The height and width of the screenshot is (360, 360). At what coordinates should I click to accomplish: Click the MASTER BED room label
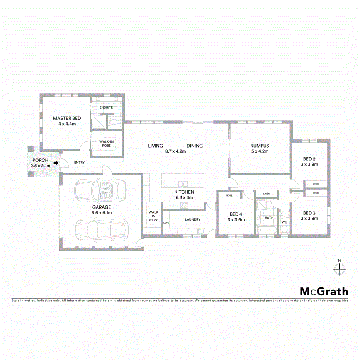(67, 118)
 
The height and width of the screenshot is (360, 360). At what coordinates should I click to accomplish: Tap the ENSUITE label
(106, 107)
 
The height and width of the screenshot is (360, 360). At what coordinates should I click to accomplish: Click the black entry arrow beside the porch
(56, 163)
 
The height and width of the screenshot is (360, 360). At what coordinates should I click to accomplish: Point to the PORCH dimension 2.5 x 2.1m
(40, 166)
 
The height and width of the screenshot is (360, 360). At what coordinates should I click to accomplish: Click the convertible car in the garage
(101, 190)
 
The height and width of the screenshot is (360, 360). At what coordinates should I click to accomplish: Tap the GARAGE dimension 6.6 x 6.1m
(102, 212)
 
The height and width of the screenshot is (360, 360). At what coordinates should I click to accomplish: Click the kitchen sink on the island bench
(182, 183)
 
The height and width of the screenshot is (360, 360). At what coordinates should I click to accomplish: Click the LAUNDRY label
(192, 219)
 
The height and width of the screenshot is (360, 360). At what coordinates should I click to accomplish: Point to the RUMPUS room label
(259, 146)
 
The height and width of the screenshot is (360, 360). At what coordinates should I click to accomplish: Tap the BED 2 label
(309, 159)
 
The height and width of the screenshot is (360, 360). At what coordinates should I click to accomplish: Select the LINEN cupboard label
(266, 194)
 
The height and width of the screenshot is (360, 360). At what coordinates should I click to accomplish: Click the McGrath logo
(324, 291)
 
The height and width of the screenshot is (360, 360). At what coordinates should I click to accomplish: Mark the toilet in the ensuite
(114, 123)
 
